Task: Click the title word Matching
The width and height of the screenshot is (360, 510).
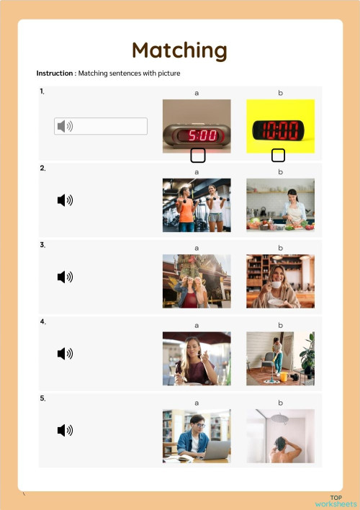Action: click(179, 50)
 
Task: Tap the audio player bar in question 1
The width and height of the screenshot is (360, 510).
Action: click(101, 126)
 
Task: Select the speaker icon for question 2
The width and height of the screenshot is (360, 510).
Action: click(65, 200)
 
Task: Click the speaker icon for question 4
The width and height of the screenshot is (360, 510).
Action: click(65, 353)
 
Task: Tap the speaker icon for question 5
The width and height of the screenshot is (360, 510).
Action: click(65, 430)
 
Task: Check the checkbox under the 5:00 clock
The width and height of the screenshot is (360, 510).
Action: click(197, 155)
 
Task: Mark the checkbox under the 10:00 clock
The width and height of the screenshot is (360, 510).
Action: click(278, 155)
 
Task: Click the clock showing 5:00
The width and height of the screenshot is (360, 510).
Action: click(197, 125)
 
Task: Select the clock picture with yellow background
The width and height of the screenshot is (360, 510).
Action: click(280, 125)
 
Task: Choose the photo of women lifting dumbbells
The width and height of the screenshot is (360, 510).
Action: click(197, 205)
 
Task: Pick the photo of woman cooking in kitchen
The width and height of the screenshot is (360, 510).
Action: click(280, 205)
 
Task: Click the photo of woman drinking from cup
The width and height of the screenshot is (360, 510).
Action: click(280, 281)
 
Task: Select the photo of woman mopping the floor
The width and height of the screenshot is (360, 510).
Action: click(280, 358)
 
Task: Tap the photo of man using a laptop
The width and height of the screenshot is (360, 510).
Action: click(197, 435)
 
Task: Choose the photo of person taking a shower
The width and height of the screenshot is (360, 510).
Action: click(280, 435)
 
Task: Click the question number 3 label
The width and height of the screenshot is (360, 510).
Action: click(42, 245)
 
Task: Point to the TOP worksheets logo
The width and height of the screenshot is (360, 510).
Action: click(336, 501)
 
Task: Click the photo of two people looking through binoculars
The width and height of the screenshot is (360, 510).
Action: click(197, 281)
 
